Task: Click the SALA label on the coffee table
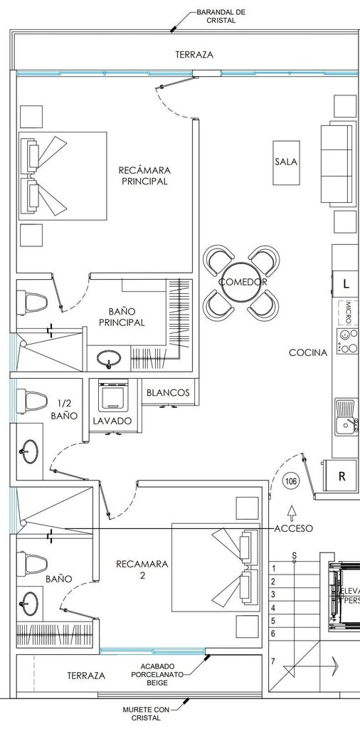click(286, 162)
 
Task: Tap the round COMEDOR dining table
click(243, 282)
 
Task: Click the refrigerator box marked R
click(342, 476)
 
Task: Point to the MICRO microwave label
click(348, 313)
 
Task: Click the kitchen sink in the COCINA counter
click(346, 416)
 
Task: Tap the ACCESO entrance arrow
click(292, 513)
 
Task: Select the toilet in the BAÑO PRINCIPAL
click(32, 303)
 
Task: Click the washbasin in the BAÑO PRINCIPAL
click(109, 360)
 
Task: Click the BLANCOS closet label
click(168, 392)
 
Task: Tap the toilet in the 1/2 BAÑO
click(32, 402)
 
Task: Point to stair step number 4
click(274, 608)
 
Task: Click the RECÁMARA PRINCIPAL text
click(144, 176)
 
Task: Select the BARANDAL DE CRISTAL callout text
click(221, 16)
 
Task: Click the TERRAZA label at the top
click(195, 54)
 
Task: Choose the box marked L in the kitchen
click(346, 283)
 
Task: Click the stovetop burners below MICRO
click(348, 341)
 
